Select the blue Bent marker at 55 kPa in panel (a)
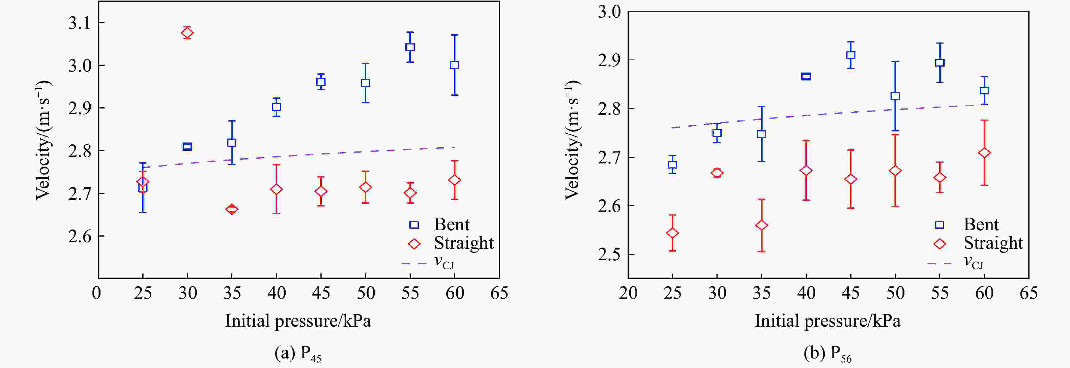[410, 47]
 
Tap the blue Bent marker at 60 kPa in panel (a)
[454, 65]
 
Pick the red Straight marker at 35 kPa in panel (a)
[232, 209]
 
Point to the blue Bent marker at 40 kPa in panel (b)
[806, 76]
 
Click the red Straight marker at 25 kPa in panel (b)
[673, 233]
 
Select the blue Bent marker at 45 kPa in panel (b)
[851, 55]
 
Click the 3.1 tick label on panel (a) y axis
[80, 23]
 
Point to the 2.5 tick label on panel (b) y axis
[609, 254]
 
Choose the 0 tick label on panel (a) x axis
[96, 293]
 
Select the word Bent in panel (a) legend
[451, 225]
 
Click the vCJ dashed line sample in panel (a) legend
[414, 263]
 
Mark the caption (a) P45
[298, 354]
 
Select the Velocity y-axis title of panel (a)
[43, 140]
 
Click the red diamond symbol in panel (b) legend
[940, 244]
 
